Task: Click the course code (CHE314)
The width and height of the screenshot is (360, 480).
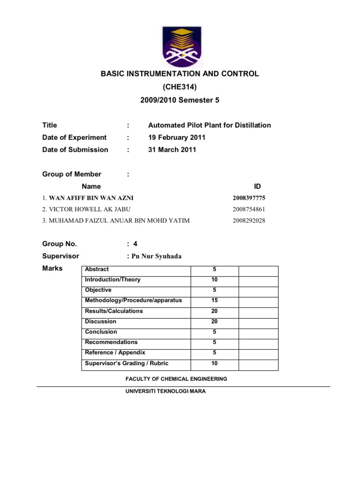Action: (x=180, y=87)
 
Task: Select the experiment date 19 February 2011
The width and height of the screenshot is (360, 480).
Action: (x=177, y=137)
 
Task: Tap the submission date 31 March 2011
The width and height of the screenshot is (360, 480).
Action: (x=172, y=150)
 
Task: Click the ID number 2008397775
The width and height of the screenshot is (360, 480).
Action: (x=248, y=198)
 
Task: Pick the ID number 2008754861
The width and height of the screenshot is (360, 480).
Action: (x=248, y=210)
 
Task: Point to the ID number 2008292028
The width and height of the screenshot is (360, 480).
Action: (x=248, y=221)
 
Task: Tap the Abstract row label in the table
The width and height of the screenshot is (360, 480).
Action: (x=97, y=269)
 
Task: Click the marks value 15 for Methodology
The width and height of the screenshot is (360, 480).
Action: (x=215, y=300)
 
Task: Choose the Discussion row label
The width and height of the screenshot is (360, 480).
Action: (x=101, y=322)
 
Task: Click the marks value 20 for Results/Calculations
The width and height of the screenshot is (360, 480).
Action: (x=215, y=311)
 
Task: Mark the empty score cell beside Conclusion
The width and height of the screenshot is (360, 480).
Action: (x=258, y=332)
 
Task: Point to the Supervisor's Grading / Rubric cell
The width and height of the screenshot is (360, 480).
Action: (x=127, y=363)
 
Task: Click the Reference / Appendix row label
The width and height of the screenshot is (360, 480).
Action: (x=115, y=352)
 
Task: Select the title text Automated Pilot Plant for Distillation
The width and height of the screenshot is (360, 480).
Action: (x=210, y=125)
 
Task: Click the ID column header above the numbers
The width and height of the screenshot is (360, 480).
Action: (x=257, y=186)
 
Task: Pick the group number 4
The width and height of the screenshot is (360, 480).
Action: (x=135, y=244)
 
